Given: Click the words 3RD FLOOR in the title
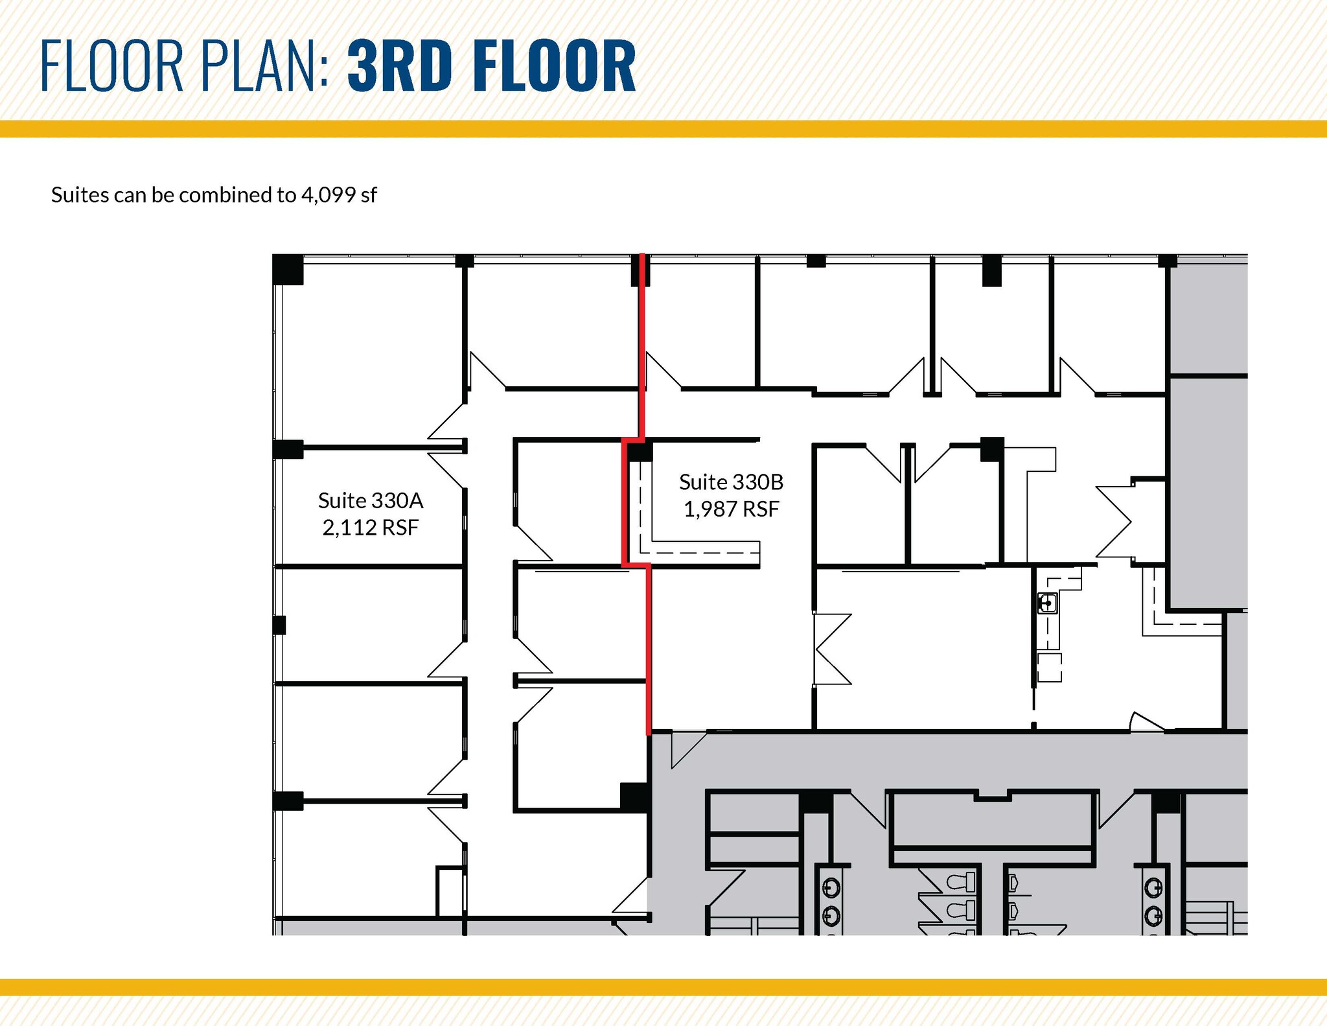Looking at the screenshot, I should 491,66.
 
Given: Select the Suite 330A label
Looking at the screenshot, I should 370,500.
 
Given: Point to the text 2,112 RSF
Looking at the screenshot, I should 370,528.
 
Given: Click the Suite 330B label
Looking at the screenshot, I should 731,482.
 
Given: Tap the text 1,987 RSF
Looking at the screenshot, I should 731,509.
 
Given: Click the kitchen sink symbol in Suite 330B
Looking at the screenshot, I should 1047,603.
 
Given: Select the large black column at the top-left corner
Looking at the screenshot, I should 288,269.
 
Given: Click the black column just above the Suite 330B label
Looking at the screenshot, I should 640,451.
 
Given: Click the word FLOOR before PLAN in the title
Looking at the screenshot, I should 111,66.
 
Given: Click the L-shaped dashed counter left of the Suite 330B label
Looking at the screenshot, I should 687,551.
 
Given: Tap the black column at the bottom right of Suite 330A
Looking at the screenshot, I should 634,797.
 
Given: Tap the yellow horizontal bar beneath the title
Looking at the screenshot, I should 663,128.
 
